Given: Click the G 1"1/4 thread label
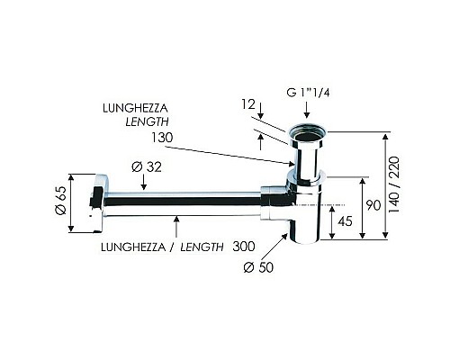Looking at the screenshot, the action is click(x=308, y=93).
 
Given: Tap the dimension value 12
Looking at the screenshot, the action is click(x=248, y=104).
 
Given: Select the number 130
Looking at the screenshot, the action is click(x=162, y=138).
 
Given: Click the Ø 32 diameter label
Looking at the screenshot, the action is click(x=147, y=166).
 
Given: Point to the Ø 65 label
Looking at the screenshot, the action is click(x=60, y=200).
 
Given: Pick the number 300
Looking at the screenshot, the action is click(x=244, y=247).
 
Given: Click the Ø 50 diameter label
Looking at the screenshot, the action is click(x=258, y=267).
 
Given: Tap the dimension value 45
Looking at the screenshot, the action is click(x=345, y=221).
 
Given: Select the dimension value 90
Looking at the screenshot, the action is click(x=373, y=205).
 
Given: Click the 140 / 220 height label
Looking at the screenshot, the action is click(x=394, y=184).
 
